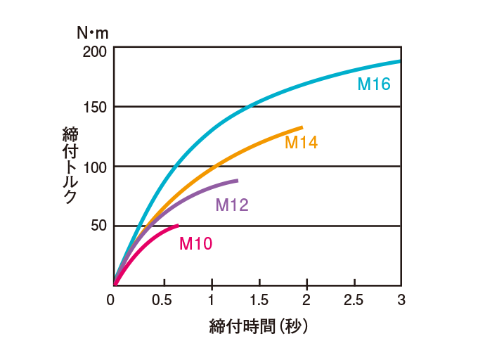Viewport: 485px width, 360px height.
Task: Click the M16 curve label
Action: pyautogui.click(x=373, y=84)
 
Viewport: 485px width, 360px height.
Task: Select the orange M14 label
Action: pyautogui.click(x=301, y=143)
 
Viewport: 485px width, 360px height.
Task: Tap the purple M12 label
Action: pyautogui.click(x=231, y=205)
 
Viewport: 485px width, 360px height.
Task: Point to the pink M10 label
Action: pyautogui.click(x=195, y=243)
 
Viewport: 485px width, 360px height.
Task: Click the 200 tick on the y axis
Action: pyautogui.click(x=94, y=51)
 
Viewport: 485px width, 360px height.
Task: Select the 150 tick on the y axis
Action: pyautogui.click(x=94, y=107)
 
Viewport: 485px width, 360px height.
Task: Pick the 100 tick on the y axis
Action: pyautogui.click(x=94, y=167)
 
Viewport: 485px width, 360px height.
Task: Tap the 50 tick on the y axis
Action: pyautogui.click(x=98, y=226)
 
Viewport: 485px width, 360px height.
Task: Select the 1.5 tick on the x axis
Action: pyautogui.click(x=259, y=300)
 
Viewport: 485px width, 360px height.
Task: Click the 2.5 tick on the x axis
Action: pyautogui.click(x=354, y=300)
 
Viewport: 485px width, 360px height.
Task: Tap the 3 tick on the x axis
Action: pyautogui.click(x=401, y=300)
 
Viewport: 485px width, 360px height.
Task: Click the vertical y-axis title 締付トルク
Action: pyautogui.click(x=70, y=166)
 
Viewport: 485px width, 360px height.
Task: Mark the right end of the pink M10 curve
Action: pyautogui.click(x=178, y=225)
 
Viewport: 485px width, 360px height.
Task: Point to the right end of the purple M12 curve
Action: pyautogui.click(x=238, y=181)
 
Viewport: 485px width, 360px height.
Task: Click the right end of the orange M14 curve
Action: pyautogui.click(x=302, y=127)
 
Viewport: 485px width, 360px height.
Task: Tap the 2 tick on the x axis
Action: pyautogui.click(x=306, y=300)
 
